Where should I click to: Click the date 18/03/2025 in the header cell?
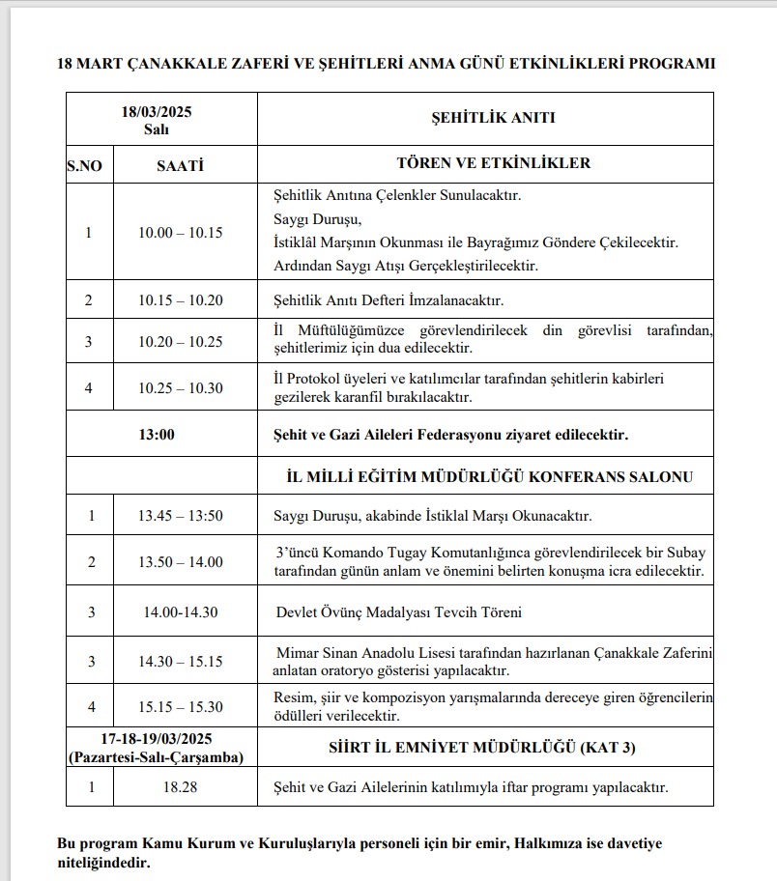[x=161, y=111]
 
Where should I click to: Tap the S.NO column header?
[x=84, y=164]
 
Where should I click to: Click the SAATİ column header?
[x=180, y=164]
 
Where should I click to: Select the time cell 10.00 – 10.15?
[x=180, y=232]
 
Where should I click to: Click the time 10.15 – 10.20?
[x=180, y=300]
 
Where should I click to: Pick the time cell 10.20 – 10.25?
[x=180, y=341]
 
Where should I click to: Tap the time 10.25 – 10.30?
[x=180, y=388]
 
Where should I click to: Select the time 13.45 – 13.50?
[x=180, y=516]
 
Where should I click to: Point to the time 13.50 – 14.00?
[x=180, y=562]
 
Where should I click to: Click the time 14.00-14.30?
[x=180, y=612]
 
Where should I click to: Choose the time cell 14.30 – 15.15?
[x=180, y=661]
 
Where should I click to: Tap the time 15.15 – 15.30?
[x=180, y=707]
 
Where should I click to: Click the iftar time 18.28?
[x=180, y=787]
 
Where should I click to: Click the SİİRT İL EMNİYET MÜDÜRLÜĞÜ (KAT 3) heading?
[x=486, y=747]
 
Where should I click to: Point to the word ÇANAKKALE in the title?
[x=165, y=65]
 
